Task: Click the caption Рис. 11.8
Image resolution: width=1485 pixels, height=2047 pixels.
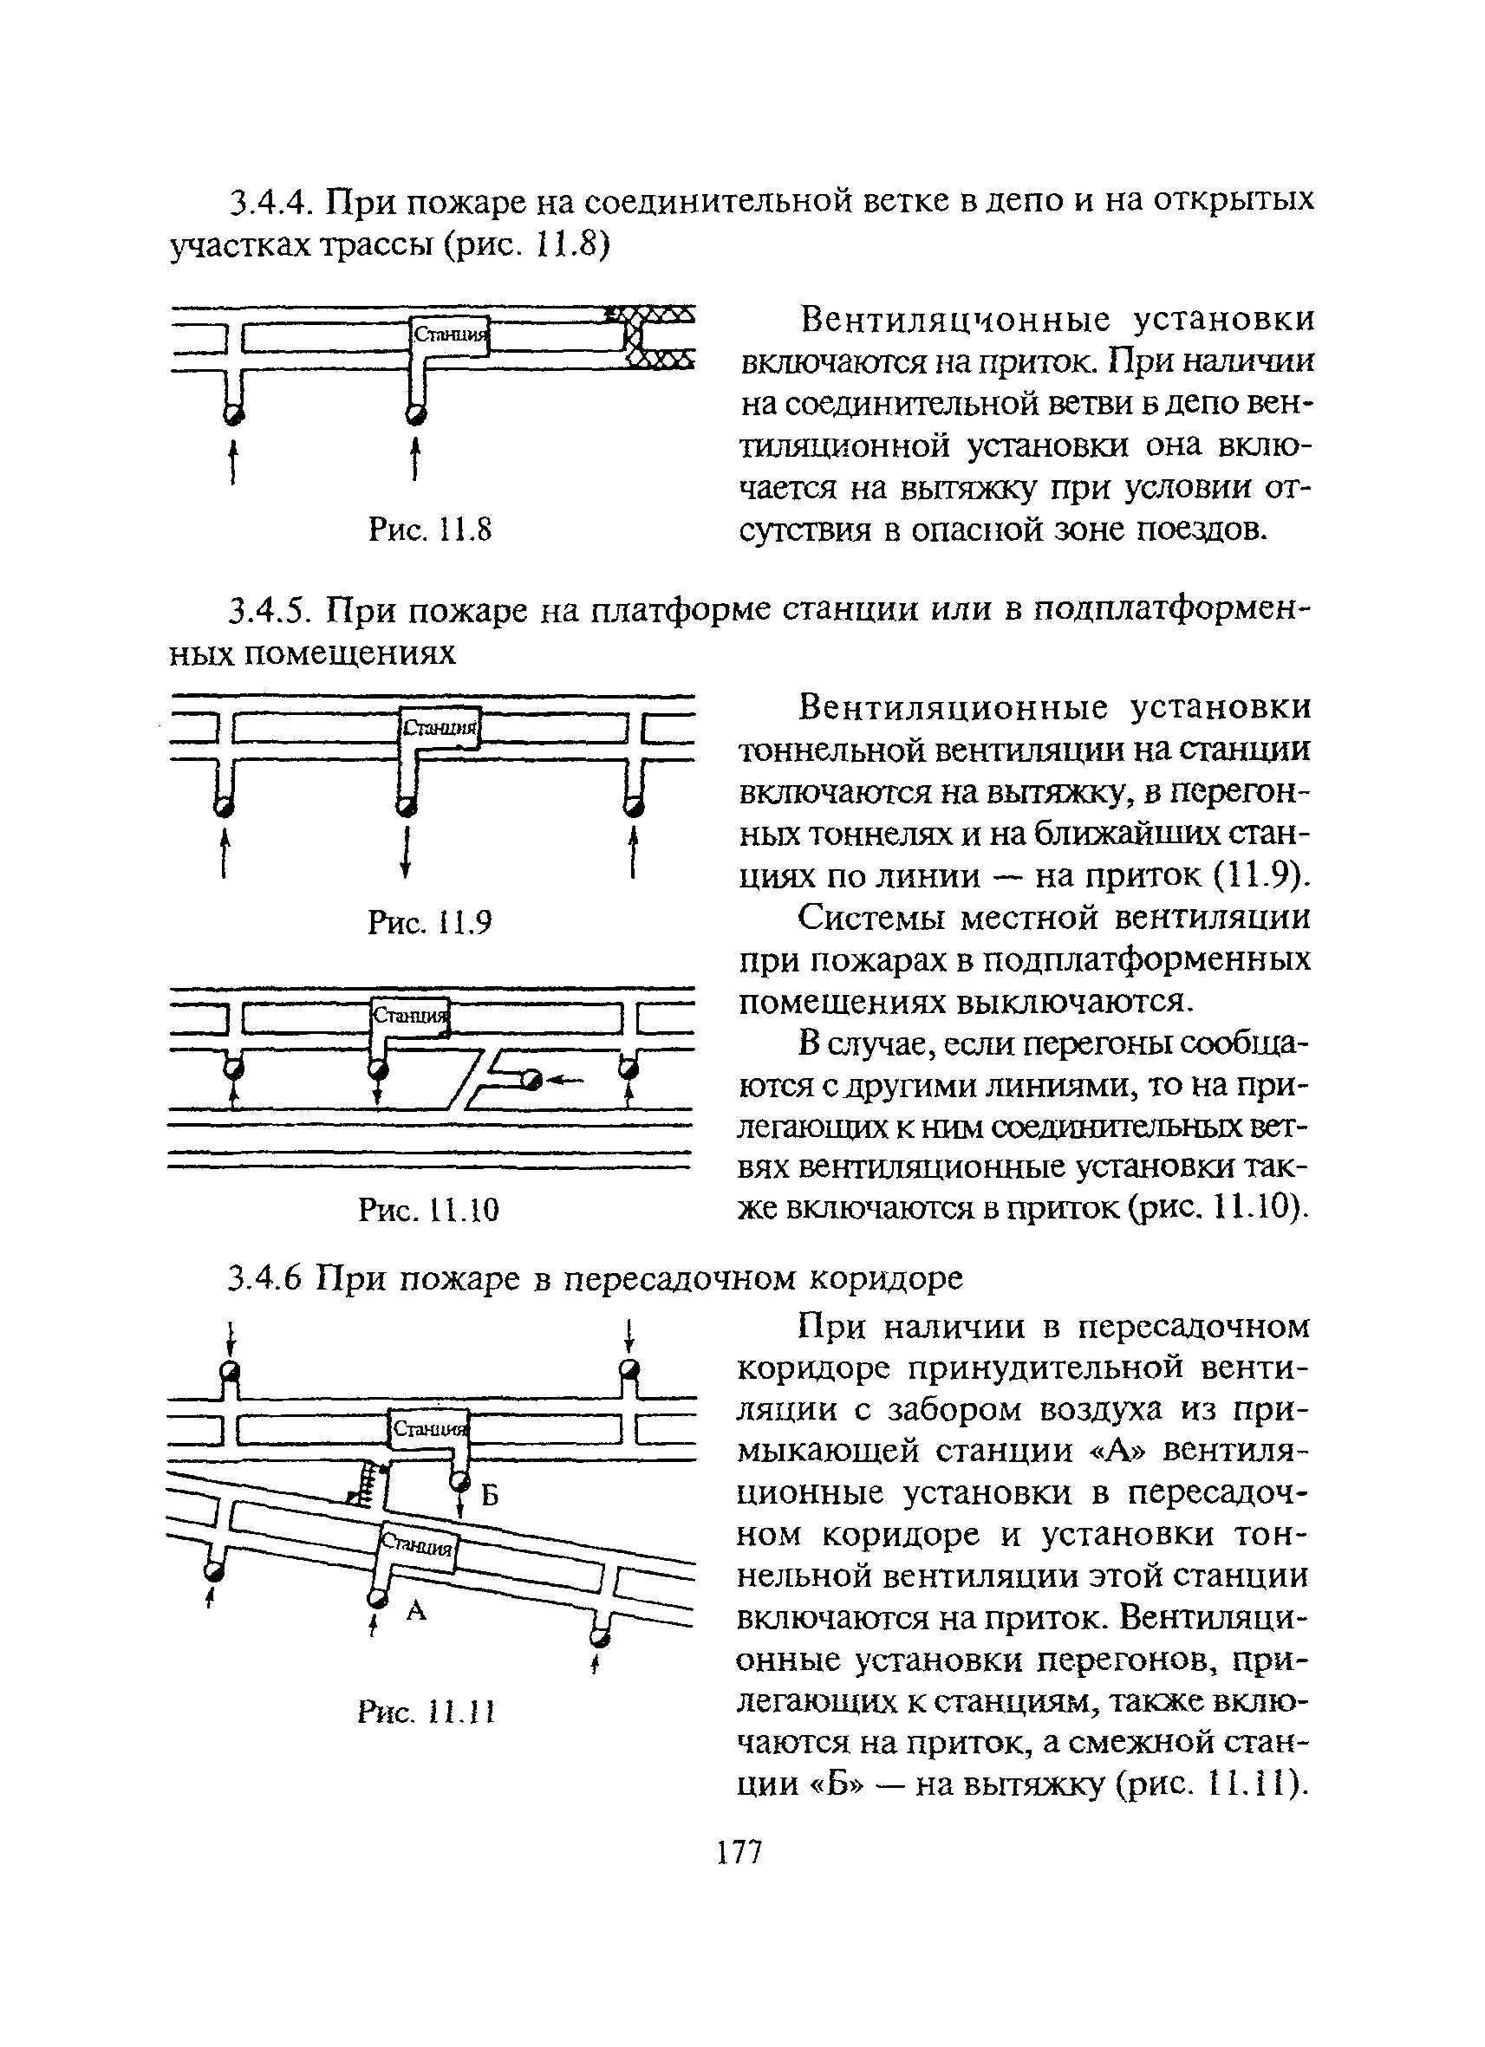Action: coord(431,529)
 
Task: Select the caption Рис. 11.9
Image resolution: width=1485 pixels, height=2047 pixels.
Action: coord(431,921)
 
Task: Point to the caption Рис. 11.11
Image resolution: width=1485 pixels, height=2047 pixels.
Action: coord(427,1712)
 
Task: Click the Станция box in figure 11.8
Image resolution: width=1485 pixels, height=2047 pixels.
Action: coord(450,335)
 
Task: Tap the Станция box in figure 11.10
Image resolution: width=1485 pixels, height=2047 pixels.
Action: coord(411,1016)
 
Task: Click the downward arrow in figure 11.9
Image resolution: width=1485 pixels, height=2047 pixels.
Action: coord(407,853)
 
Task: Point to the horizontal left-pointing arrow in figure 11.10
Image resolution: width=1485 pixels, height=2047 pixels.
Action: coord(567,1079)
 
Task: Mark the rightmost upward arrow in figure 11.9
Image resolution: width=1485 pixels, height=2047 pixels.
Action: coord(635,853)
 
